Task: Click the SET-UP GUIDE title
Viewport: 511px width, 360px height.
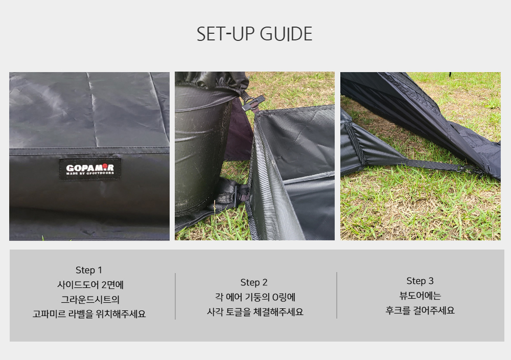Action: pos(254,34)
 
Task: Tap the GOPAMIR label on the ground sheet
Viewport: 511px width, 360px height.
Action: pos(90,169)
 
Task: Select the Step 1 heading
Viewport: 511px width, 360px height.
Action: pos(88,270)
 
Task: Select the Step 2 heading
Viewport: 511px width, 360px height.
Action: pos(254,282)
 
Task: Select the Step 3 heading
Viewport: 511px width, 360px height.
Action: pos(420,281)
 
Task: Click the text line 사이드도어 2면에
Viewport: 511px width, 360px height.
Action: pos(90,285)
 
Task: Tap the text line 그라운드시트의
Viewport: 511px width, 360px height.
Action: pos(90,299)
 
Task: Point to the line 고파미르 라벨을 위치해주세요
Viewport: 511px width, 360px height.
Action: pos(89,313)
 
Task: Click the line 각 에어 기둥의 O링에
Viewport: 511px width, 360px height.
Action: pos(255,297)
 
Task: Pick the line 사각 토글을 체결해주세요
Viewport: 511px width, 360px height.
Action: pos(255,312)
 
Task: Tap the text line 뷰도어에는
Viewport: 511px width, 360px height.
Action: pos(420,296)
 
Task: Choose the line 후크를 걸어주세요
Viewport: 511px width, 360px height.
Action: pos(420,310)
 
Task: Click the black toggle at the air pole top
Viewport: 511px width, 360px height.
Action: pos(253,103)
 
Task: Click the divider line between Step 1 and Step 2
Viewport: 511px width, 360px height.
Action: pos(175,296)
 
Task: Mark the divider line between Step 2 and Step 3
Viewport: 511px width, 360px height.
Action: pos(337,295)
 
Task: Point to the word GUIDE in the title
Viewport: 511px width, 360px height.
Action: pos(286,34)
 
